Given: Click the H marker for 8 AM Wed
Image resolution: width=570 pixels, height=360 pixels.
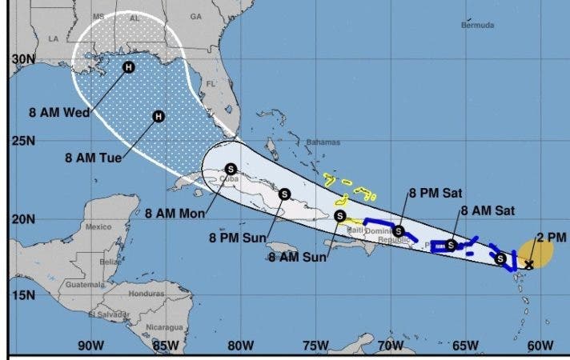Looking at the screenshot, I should (x=128, y=67).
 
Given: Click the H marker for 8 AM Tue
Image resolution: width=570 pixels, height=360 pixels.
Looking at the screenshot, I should (x=158, y=118).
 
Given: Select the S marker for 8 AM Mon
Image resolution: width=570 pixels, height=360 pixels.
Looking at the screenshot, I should (x=231, y=169).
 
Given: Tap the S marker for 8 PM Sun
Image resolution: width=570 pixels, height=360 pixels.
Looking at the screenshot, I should (x=284, y=193).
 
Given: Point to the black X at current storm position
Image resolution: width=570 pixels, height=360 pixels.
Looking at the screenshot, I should (x=528, y=263).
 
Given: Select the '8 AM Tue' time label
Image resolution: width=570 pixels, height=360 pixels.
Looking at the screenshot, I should (x=93, y=158).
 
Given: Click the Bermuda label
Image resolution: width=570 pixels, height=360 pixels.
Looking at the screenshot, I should (x=477, y=26).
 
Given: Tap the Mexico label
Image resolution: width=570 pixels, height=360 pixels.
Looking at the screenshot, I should (x=98, y=226).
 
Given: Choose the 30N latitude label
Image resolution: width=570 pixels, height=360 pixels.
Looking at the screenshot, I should (x=23, y=59).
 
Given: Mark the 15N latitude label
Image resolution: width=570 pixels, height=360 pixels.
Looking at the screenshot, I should (x=23, y=294).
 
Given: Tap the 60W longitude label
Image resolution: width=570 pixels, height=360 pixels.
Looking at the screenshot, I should (x=541, y=346).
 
